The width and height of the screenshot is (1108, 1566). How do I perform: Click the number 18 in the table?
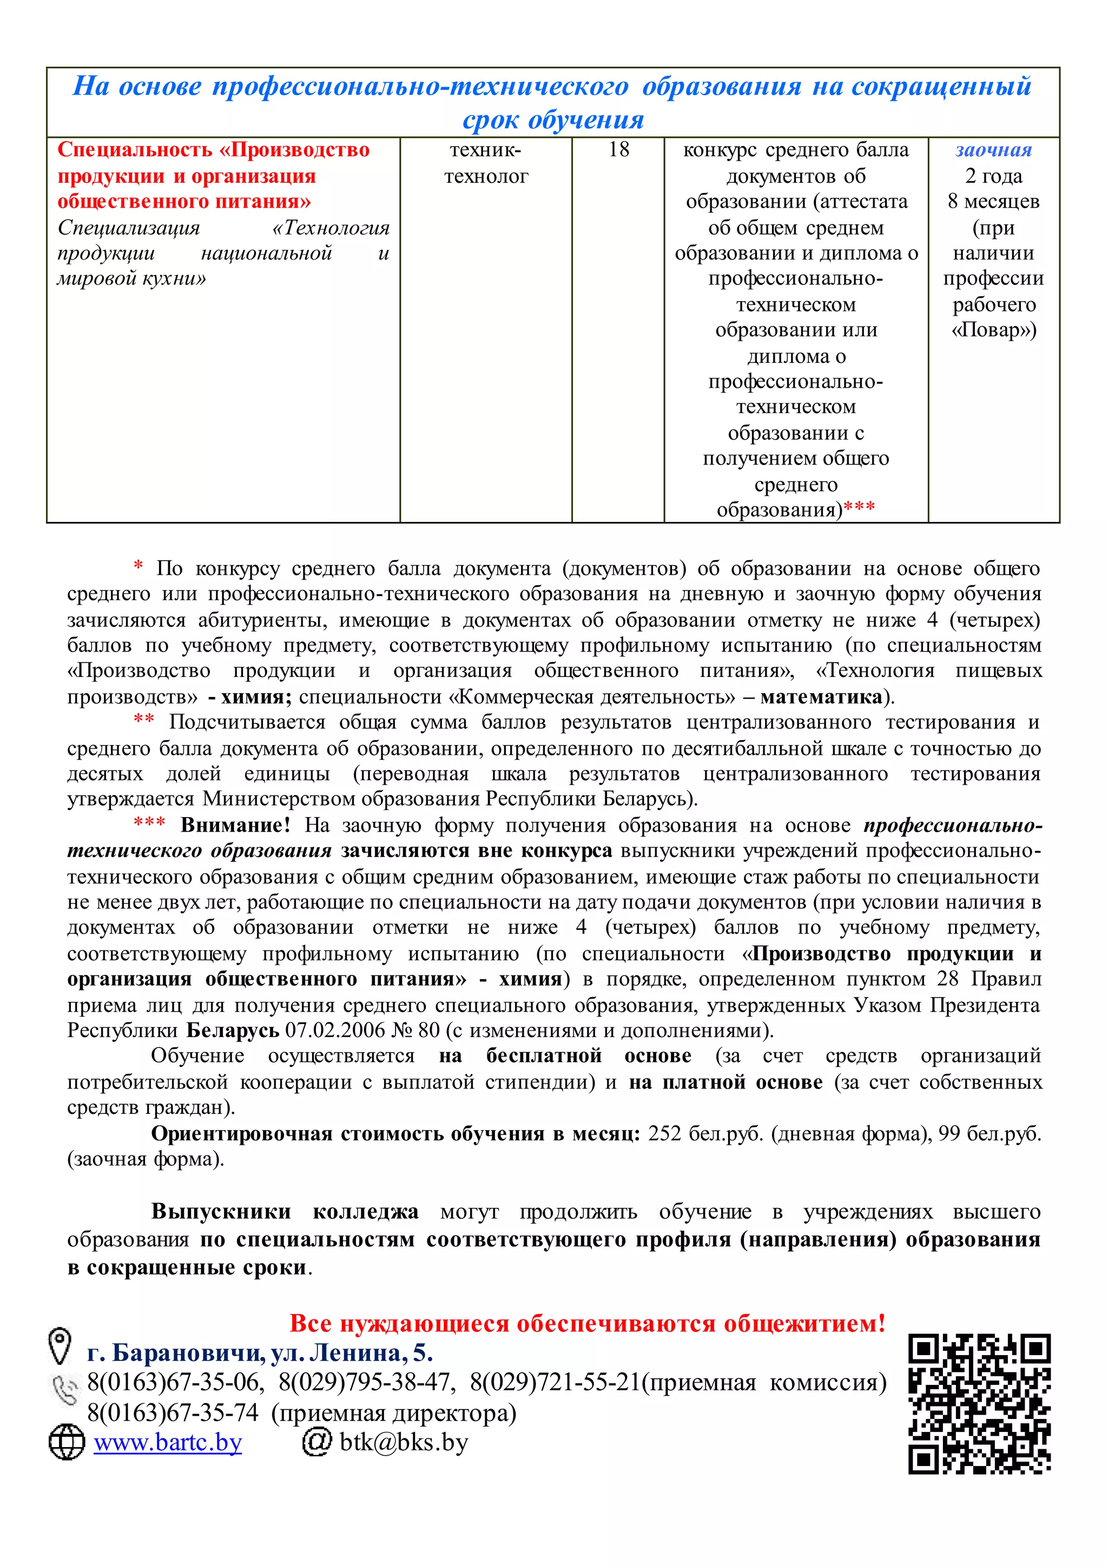[x=618, y=150]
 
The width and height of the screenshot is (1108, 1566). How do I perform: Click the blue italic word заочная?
[x=993, y=150]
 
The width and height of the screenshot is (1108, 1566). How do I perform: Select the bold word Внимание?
[x=235, y=825]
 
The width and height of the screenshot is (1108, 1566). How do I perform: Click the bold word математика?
[x=821, y=697]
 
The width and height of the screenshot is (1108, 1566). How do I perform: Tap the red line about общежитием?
[x=588, y=1323]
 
